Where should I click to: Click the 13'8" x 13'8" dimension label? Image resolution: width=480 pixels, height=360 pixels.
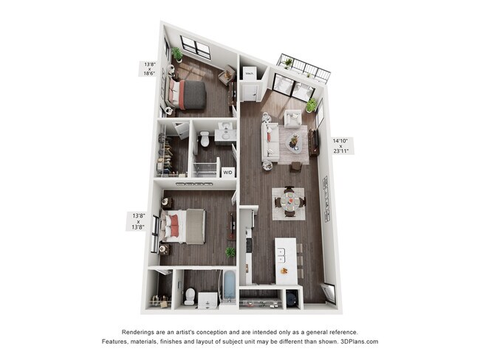click(x=138, y=221)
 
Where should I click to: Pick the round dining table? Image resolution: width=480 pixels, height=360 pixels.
click(x=289, y=201)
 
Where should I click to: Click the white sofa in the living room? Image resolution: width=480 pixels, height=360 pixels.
click(x=270, y=142)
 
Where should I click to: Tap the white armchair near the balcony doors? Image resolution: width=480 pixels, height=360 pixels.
click(x=292, y=117)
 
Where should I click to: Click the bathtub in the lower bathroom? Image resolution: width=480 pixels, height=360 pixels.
click(x=229, y=288)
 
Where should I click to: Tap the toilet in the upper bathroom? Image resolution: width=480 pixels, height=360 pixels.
click(x=205, y=138)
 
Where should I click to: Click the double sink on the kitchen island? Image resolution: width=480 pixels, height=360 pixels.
click(x=281, y=255)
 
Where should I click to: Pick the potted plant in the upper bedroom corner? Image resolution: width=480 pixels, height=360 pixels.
click(x=177, y=54)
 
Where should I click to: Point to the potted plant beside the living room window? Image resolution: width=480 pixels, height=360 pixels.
click(x=311, y=105)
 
